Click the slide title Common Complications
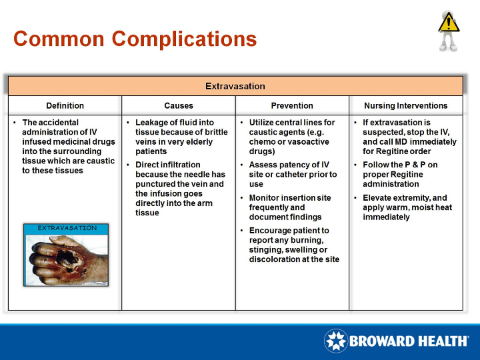click(x=135, y=39)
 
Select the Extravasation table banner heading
click(x=235, y=86)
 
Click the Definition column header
click(x=65, y=105)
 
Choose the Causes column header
click(x=179, y=105)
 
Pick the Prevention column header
click(x=292, y=105)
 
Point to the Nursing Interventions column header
click(x=405, y=105)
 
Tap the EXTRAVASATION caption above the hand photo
click(x=67, y=228)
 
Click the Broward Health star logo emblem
click(x=335, y=341)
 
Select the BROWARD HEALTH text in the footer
click(x=408, y=341)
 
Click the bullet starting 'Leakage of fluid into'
click(x=181, y=137)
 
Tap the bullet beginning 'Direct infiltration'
click(x=179, y=189)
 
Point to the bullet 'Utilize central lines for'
click(x=292, y=137)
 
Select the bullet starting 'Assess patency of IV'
click(x=293, y=174)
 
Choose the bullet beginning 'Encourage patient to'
click(x=293, y=245)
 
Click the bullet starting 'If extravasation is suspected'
click(x=409, y=137)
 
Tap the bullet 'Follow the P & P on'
click(x=400, y=174)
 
